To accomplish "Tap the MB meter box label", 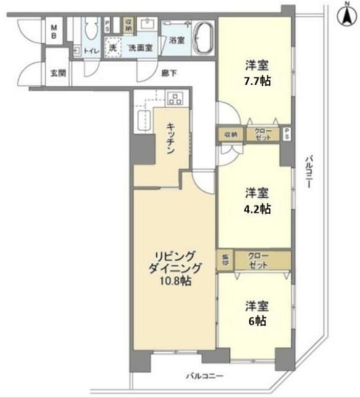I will pyautogui.click(x=54, y=32).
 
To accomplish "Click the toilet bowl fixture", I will pyautogui.click(x=92, y=30).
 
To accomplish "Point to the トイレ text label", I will pyautogui.click(x=92, y=51).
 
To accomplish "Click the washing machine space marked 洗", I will pyautogui.click(x=112, y=46).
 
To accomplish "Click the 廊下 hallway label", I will pyautogui.click(x=168, y=72).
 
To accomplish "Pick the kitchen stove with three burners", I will pyautogui.click(x=175, y=97).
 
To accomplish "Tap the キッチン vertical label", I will pyautogui.click(x=172, y=139).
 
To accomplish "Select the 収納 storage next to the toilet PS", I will pyautogui.click(x=129, y=25).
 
